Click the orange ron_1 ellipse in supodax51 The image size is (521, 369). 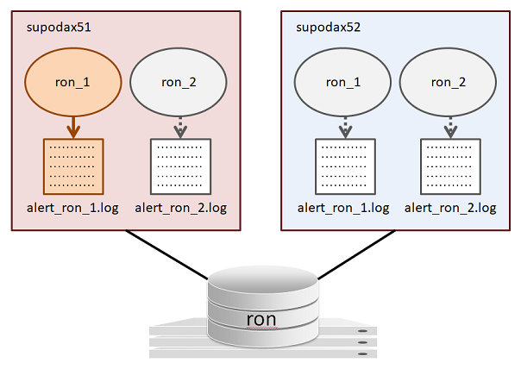tap(72, 84)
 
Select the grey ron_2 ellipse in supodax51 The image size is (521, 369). tap(179, 84)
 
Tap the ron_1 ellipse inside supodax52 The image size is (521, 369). tap(342, 84)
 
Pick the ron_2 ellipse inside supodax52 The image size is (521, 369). tap(449, 84)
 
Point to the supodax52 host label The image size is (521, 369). tap(329, 27)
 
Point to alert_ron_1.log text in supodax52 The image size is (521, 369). tap(343, 208)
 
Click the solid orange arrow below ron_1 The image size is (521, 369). tap(73, 127)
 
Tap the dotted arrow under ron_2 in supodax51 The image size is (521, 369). tap(179, 127)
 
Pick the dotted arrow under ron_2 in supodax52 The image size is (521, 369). tap(449, 127)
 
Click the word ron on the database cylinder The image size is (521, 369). tap(261, 318)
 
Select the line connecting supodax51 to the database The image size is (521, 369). tap(168, 254)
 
